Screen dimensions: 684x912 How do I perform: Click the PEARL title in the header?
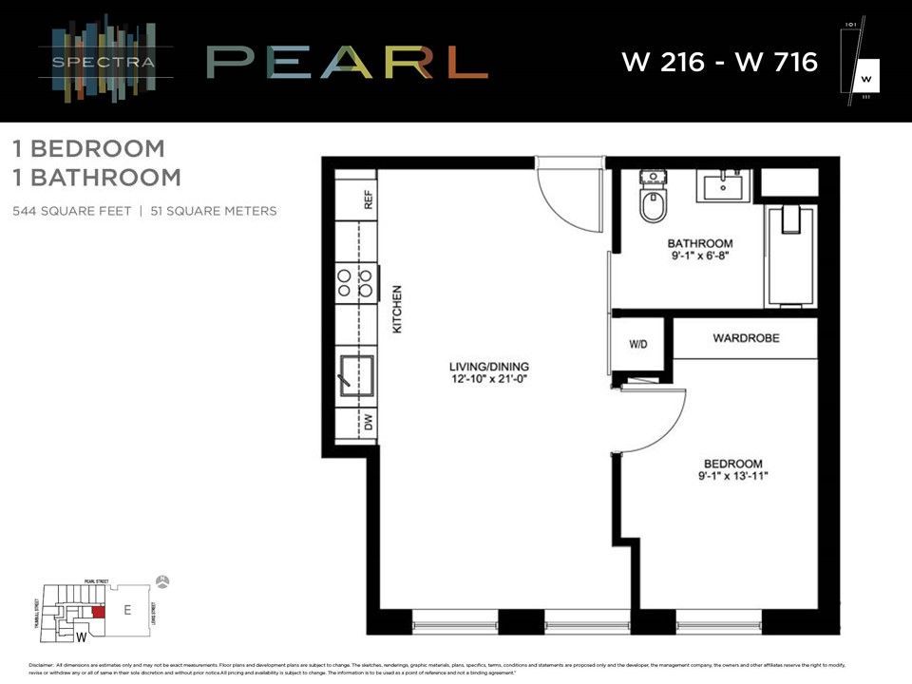click(x=347, y=62)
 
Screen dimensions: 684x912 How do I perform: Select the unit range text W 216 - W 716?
click(x=719, y=63)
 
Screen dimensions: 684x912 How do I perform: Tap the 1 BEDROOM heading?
click(x=89, y=148)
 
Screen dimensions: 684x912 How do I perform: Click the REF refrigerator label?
click(x=369, y=199)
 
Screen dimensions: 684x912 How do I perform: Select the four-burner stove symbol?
click(x=353, y=283)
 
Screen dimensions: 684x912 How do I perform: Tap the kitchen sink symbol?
click(x=357, y=375)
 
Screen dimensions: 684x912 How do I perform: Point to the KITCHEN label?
click(x=398, y=309)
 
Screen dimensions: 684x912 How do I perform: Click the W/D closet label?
click(x=638, y=344)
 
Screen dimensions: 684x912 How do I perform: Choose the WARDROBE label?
click(x=746, y=338)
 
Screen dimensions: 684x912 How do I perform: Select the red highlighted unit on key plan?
click(x=98, y=613)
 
